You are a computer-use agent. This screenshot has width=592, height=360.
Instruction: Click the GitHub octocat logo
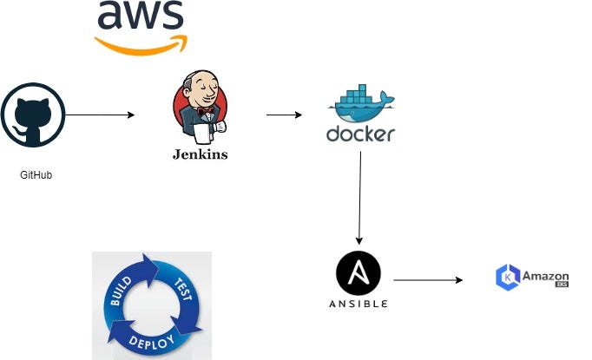tap(33, 115)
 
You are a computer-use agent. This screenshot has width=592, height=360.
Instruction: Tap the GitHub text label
tap(36, 175)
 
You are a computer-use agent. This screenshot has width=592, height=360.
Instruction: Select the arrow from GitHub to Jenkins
tap(100, 115)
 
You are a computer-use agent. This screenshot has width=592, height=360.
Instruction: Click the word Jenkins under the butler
tap(200, 154)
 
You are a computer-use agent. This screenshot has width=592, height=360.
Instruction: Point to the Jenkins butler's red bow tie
tap(205, 112)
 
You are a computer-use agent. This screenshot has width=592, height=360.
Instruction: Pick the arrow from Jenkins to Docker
tap(284, 115)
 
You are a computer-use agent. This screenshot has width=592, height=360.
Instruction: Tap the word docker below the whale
tap(360, 134)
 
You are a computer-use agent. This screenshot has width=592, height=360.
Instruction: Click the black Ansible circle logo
tap(358, 274)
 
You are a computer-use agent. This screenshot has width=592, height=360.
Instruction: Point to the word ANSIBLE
tap(358, 304)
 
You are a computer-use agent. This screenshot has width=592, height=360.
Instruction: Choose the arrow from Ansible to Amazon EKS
tap(427, 280)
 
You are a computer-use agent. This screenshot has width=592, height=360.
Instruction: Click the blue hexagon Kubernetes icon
tap(506, 278)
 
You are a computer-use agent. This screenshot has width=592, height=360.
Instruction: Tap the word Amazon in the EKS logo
tap(545, 276)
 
